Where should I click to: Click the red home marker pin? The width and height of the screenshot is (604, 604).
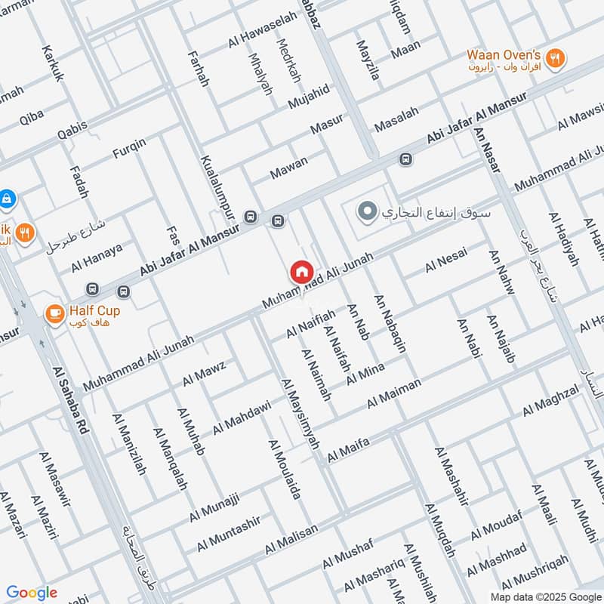301,272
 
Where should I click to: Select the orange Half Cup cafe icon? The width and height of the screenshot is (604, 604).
54,312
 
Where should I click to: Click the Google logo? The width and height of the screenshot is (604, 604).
32,593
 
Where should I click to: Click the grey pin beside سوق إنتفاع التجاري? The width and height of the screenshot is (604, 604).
367,211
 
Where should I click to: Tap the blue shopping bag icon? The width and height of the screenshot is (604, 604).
6,198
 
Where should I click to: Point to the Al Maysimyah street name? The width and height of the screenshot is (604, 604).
300,411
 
